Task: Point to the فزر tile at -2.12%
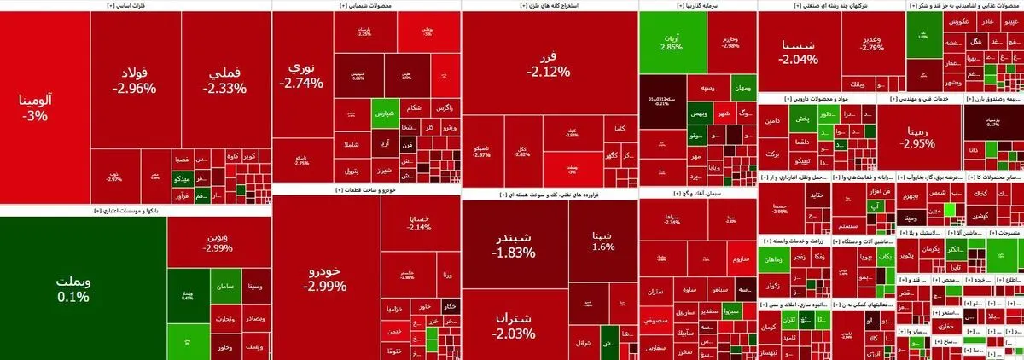pos(548,64)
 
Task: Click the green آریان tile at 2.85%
pos(672,41)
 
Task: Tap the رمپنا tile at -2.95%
pos(918,136)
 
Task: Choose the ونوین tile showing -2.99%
pos(218,241)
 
